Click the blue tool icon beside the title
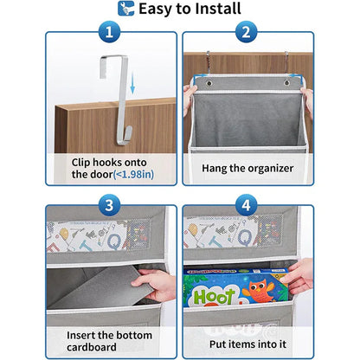click(126, 9)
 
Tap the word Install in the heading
click(218, 9)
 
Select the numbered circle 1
click(109, 32)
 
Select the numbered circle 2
click(246, 32)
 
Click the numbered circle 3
click(109, 205)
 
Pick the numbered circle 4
click(246, 205)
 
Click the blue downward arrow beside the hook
click(132, 83)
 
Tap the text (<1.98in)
click(133, 175)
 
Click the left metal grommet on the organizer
click(209, 83)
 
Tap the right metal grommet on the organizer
click(287, 82)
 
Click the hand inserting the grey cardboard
click(155, 285)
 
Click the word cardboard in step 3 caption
click(92, 347)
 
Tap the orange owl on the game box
click(259, 290)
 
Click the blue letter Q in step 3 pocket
click(114, 240)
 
